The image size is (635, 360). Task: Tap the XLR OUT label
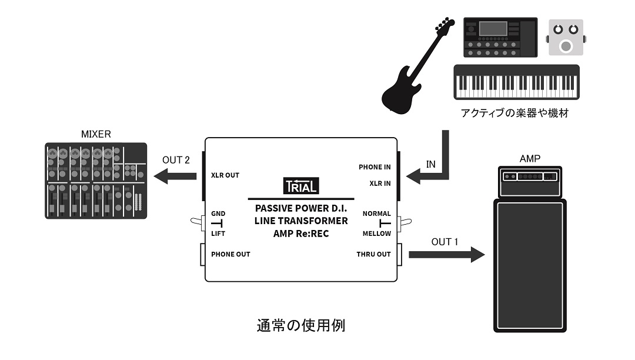pyautogui.click(x=225, y=175)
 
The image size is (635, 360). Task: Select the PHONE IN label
pyautogui.click(x=375, y=167)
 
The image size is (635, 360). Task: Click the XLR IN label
pyautogui.click(x=380, y=184)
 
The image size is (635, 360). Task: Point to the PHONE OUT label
pyautogui.click(x=230, y=254)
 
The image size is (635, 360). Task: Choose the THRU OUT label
pyautogui.click(x=373, y=254)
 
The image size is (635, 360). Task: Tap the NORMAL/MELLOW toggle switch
pyautogui.click(x=404, y=222)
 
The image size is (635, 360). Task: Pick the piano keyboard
pyautogui.click(x=516, y=82)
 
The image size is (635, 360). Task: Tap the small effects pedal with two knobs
pyautogui.click(x=566, y=38)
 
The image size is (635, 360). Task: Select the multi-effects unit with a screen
pyautogui.click(x=500, y=38)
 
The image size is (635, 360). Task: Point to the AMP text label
pyautogui.click(x=530, y=159)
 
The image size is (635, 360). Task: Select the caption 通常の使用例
pyautogui.click(x=301, y=325)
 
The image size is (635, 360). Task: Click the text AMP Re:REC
pyautogui.click(x=300, y=234)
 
